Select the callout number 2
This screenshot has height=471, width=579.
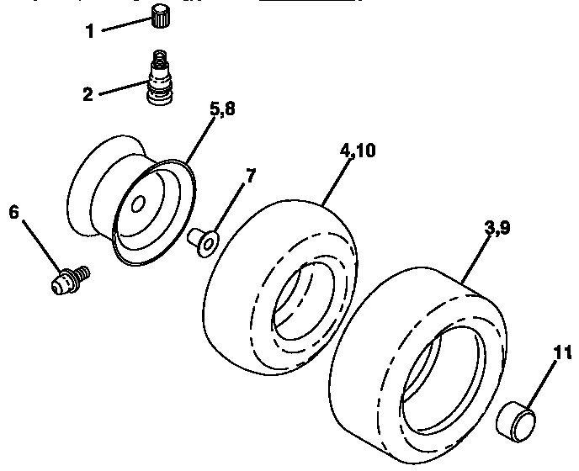[88, 93]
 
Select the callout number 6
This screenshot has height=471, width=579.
[13, 212]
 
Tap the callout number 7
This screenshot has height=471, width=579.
[251, 176]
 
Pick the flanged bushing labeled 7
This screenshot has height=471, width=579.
[202, 241]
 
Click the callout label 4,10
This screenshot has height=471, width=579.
[359, 151]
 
